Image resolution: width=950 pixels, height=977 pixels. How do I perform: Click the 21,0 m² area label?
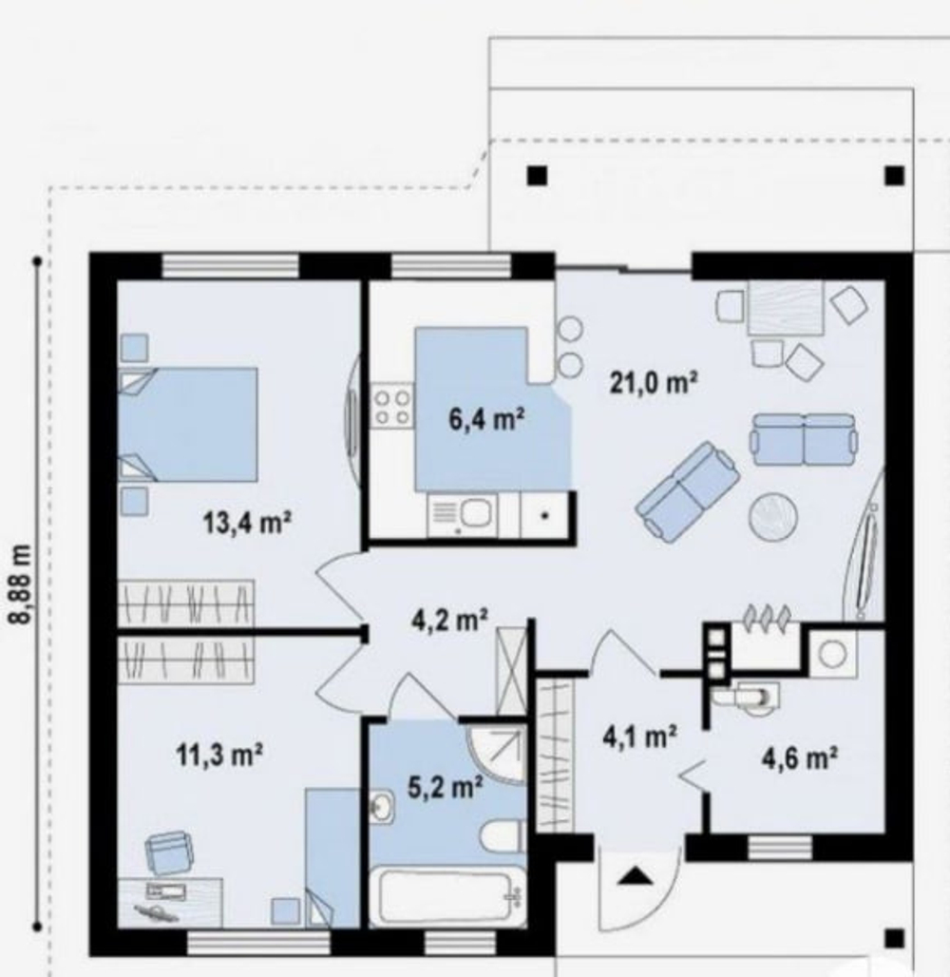(x=653, y=382)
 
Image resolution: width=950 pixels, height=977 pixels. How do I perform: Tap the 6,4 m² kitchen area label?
(x=485, y=419)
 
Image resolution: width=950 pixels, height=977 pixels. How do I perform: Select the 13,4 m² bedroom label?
(x=247, y=522)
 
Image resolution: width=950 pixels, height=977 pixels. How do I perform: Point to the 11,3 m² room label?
(x=219, y=755)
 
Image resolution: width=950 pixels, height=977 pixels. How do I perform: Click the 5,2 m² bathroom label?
(x=445, y=787)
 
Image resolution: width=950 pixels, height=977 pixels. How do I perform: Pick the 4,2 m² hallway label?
(x=449, y=620)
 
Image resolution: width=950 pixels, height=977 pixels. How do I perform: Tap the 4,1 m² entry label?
(x=639, y=737)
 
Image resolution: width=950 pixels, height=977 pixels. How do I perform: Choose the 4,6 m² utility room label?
(x=799, y=758)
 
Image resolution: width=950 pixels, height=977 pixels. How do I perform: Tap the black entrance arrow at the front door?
(x=636, y=876)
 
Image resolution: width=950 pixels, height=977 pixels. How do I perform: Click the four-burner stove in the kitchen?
(x=392, y=406)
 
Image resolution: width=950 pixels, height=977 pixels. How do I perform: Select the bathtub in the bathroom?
(x=446, y=897)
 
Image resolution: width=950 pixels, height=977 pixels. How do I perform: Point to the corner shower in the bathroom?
(x=497, y=753)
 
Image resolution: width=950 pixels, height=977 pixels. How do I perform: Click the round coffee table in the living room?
(x=773, y=517)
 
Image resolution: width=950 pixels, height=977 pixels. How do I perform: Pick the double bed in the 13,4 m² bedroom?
(x=187, y=424)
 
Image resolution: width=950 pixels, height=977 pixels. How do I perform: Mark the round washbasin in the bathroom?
(x=381, y=808)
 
